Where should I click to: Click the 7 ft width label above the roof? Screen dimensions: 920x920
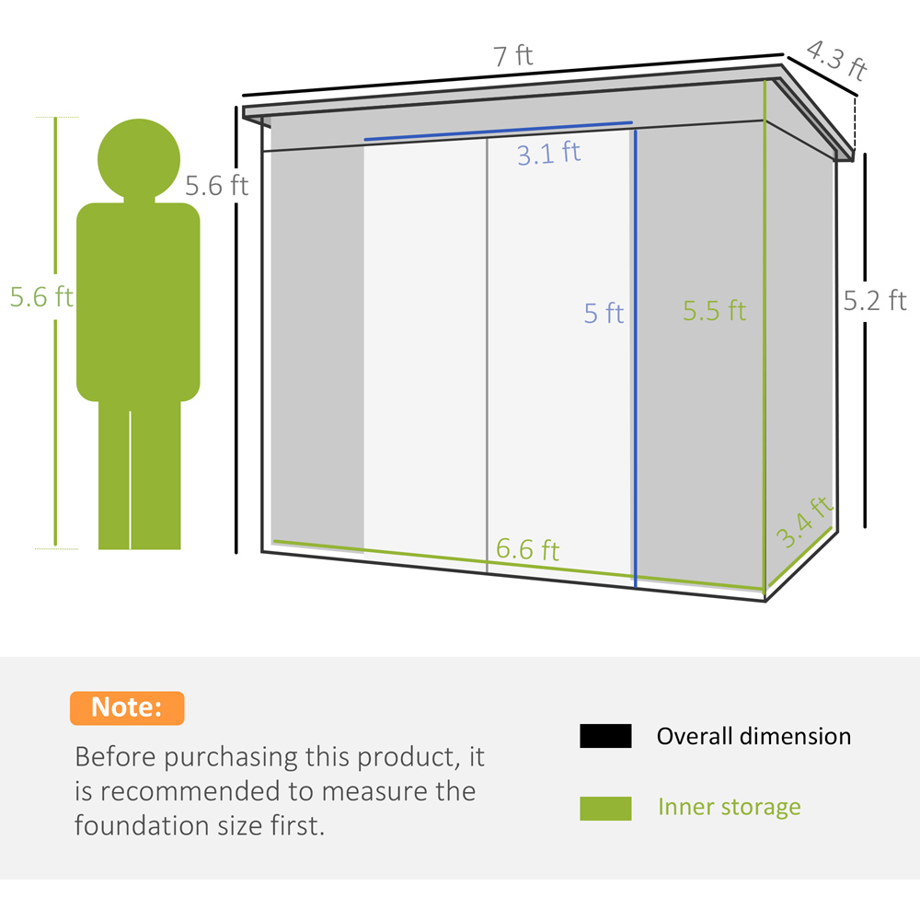(512, 56)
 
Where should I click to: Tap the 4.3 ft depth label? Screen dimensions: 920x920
(836, 60)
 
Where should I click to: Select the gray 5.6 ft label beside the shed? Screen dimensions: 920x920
(216, 186)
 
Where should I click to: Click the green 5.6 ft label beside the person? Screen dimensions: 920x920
(41, 297)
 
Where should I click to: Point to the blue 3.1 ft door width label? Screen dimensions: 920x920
(548, 154)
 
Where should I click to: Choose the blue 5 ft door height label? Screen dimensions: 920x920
(604, 313)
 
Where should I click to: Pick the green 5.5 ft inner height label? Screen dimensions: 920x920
(714, 310)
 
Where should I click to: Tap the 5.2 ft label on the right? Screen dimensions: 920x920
(875, 301)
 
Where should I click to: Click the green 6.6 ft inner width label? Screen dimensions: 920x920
(527, 550)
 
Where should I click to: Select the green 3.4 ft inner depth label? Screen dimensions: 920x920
(804, 522)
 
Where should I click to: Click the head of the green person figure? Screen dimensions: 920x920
(139, 159)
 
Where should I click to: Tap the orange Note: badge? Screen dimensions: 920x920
(127, 707)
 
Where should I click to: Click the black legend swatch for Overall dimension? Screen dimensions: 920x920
(605, 736)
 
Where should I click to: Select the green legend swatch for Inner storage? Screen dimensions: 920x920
(605, 808)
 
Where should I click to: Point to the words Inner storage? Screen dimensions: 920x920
(730, 808)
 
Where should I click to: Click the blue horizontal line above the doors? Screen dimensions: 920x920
(498, 131)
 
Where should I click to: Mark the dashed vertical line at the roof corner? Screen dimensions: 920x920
(855, 125)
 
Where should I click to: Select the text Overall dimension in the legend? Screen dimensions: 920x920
(754, 736)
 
